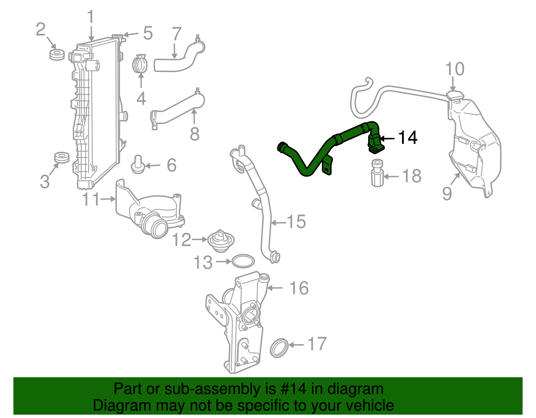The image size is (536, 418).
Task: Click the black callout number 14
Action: [x=407, y=138]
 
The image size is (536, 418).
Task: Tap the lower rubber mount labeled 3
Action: [x=62, y=157]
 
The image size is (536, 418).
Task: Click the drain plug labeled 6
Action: [x=138, y=165]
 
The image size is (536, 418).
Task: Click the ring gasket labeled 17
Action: [x=279, y=348]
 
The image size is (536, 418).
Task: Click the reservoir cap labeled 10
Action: [x=455, y=96]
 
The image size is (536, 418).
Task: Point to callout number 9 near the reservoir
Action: [x=447, y=193]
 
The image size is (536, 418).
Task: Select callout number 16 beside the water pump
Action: [x=299, y=288]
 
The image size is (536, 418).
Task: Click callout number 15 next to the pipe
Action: [x=296, y=222]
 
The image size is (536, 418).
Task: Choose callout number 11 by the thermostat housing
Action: [x=91, y=199]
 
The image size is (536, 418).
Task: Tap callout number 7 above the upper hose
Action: [x=177, y=34]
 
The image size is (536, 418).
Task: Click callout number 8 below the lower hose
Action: [x=195, y=134]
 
